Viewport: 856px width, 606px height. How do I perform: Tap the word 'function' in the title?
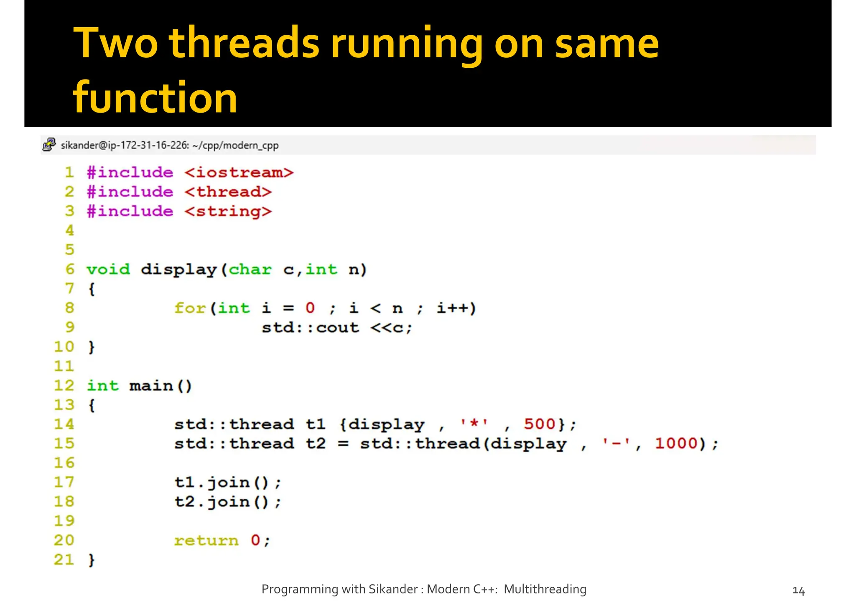click(x=155, y=97)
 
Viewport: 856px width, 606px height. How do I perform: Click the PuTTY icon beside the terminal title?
click(x=49, y=145)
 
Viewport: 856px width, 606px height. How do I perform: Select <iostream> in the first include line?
click(x=239, y=172)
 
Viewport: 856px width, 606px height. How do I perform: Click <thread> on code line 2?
click(x=228, y=192)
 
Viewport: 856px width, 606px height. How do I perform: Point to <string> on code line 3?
click(x=228, y=211)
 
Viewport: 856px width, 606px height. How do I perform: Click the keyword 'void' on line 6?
click(x=108, y=269)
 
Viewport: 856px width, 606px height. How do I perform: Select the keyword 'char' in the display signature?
click(x=250, y=269)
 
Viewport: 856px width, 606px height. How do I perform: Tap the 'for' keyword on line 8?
click(x=190, y=308)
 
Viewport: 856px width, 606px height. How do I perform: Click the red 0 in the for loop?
click(x=310, y=308)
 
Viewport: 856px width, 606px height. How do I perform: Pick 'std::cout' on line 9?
click(x=310, y=327)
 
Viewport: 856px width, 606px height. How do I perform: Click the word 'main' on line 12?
click(x=151, y=385)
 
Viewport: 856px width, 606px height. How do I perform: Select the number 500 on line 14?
click(x=539, y=424)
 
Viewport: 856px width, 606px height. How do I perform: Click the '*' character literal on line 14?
click(x=474, y=424)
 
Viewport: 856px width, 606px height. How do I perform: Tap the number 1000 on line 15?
click(x=676, y=443)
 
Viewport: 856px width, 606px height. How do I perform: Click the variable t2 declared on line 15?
click(x=315, y=443)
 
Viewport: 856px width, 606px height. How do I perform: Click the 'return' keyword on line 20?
click(x=206, y=540)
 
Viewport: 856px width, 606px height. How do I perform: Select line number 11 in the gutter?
click(x=64, y=366)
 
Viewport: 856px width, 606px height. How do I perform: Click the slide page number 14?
click(x=798, y=591)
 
